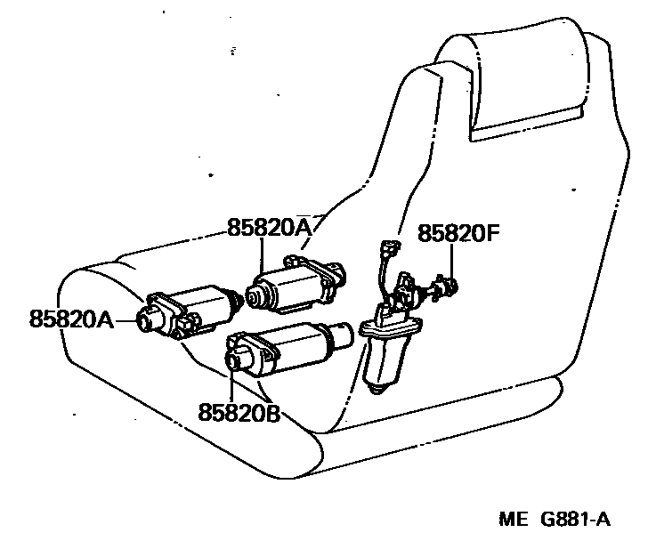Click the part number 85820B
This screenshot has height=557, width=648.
coord(239,412)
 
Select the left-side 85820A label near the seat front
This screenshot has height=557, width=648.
coord(71,319)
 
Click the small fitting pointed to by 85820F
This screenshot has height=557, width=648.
coord(450,287)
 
